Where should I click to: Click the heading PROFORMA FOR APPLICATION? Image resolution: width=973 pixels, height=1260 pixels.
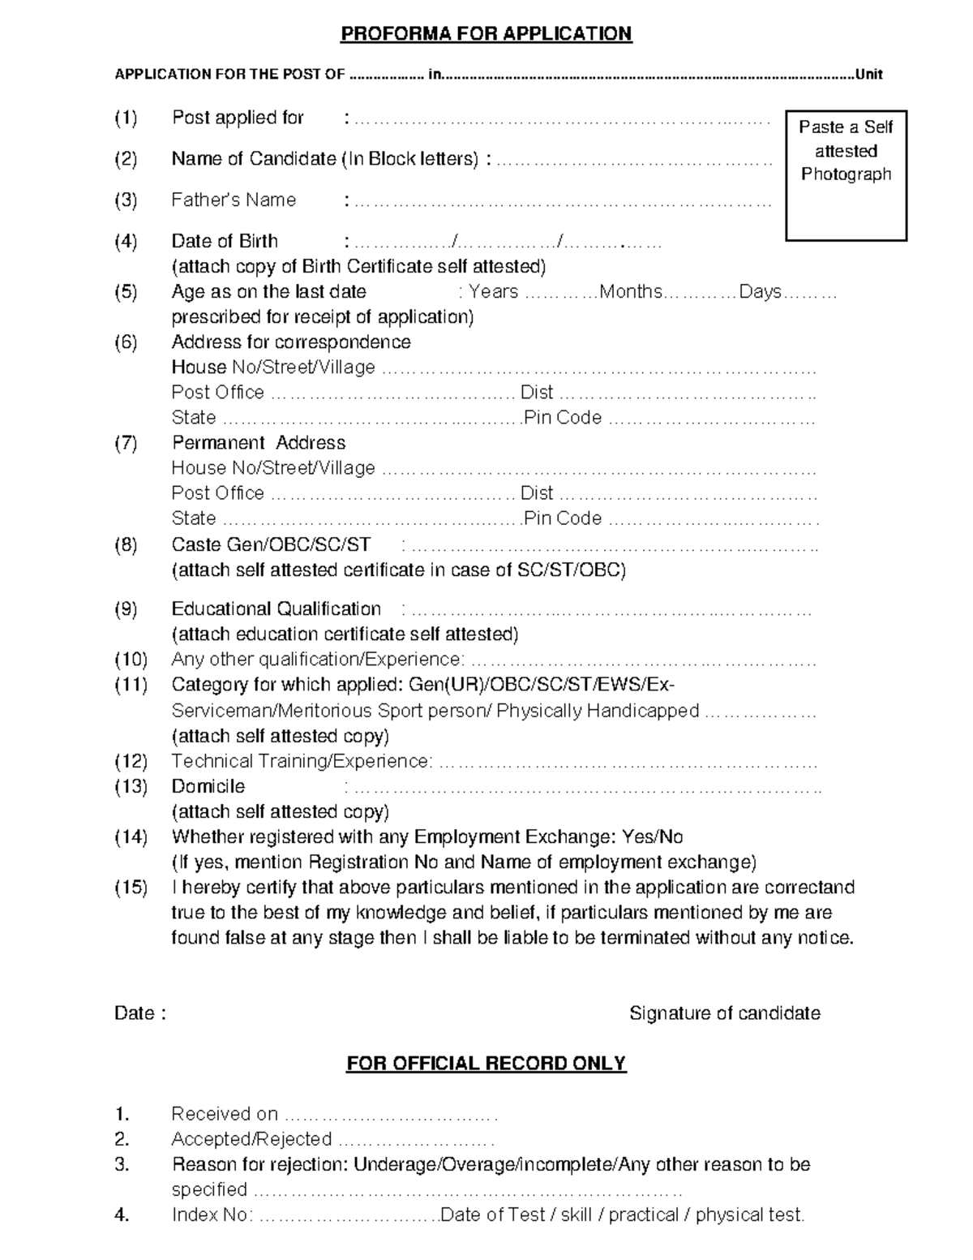(486, 33)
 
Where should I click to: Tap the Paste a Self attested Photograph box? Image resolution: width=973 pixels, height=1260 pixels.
(846, 175)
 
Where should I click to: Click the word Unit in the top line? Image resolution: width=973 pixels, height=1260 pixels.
(868, 75)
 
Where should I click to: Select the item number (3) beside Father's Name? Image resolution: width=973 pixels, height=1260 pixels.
(126, 200)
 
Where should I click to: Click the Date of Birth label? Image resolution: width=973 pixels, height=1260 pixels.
(225, 241)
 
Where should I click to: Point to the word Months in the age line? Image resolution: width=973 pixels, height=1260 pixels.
(631, 292)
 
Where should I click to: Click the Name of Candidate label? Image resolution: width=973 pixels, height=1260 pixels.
(325, 159)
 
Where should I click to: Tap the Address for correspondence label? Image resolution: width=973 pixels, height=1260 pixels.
(291, 342)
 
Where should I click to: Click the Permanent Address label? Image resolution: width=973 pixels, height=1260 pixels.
(259, 443)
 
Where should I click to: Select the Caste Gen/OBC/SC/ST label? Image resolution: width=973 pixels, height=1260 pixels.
(271, 544)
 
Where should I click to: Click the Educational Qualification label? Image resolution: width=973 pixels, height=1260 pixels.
(276, 608)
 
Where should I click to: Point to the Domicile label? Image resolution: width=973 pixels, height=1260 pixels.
(208, 786)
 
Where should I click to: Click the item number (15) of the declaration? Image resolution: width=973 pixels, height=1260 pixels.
(131, 888)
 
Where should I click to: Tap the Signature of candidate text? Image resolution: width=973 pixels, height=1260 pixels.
(725, 1013)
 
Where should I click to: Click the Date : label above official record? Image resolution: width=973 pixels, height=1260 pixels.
(140, 1013)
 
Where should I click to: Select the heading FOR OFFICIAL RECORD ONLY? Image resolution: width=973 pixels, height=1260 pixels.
(486, 1064)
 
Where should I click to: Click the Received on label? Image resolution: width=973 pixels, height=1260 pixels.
(225, 1114)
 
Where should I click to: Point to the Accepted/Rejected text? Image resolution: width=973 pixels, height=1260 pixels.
(251, 1139)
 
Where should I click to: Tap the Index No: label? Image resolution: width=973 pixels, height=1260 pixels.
(212, 1215)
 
